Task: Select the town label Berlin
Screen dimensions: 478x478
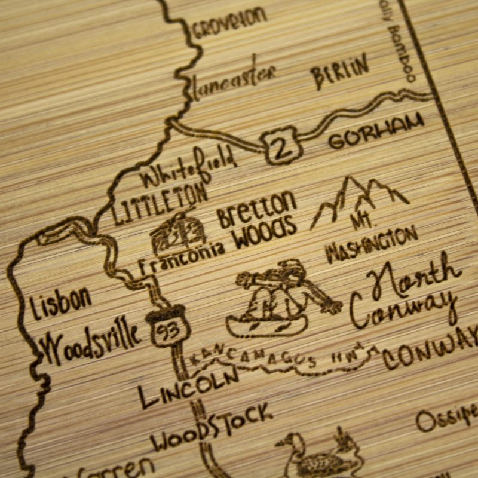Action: click(339, 73)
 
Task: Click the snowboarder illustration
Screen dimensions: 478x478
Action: click(278, 299)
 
